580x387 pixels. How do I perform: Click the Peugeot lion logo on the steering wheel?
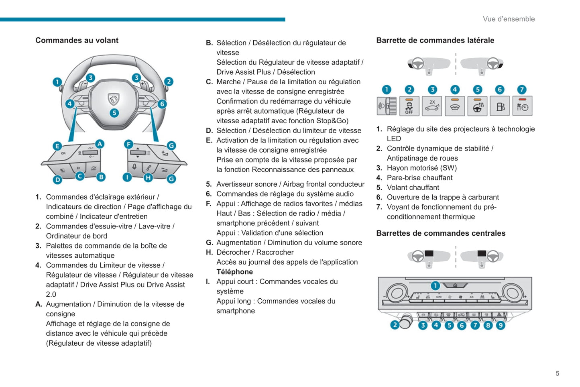114,99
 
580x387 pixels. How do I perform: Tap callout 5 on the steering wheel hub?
114,113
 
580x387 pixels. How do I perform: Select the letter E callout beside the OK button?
57,146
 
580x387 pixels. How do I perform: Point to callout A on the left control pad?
100,144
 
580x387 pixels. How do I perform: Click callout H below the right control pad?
148,177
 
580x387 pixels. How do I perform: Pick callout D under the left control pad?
58,179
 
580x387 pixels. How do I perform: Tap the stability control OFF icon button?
409,106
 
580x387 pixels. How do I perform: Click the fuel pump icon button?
500,106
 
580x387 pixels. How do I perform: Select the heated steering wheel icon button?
477,106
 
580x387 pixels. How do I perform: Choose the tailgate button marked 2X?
432,106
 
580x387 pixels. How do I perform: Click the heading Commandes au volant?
77,40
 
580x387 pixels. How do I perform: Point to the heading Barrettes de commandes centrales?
441,233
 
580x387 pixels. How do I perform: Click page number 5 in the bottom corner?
557,373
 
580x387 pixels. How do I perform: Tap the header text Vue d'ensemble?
509,19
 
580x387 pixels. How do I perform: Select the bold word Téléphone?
234,272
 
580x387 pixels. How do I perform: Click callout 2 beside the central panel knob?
395,325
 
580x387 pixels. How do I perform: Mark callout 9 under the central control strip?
501,325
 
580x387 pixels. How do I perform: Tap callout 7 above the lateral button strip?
521,90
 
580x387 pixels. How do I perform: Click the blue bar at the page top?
142,19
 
